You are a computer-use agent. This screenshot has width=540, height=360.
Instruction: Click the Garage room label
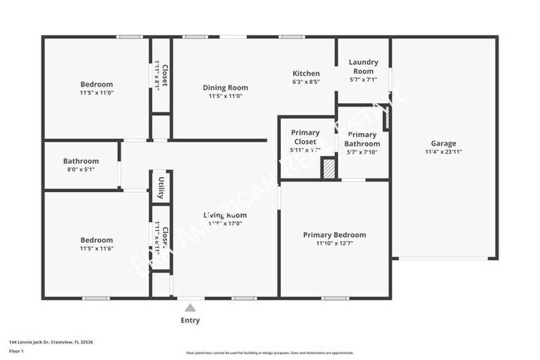click(x=443, y=142)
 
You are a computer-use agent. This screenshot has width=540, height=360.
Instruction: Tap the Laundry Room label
click(x=363, y=67)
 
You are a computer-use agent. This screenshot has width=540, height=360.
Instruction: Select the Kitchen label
click(x=306, y=72)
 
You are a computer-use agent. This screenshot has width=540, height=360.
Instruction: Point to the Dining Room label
click(x=225, y=86)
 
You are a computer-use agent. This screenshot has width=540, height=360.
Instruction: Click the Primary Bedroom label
click(x=334, y=234)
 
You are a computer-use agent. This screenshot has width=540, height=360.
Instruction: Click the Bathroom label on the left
click(x=81, y=160)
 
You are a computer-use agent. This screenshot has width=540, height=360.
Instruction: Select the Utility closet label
click(x=161, y=188)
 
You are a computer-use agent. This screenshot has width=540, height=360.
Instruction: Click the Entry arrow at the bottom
click(x=190, y=308)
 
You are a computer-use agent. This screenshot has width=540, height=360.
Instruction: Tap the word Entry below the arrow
click(x=190, y=320)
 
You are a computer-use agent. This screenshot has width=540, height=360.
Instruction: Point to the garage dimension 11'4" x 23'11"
click(x=443, y=152)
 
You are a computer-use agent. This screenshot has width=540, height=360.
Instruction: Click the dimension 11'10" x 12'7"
click(x=334, y=244)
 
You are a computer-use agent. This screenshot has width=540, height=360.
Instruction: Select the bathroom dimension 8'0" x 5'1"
click(x=81, y=170)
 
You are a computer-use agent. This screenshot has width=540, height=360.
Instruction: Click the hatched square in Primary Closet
click(x=330, y=169)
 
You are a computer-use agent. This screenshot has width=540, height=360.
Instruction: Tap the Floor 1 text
click(x=17, y=352)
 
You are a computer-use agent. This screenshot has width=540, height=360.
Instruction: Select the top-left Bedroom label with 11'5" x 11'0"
click(x=96, y=84)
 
